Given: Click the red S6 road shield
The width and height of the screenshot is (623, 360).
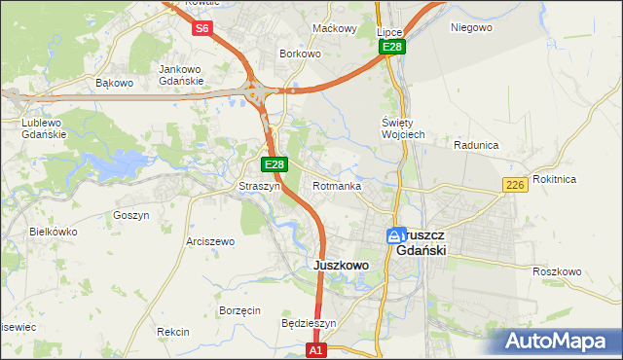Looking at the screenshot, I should [202, 28].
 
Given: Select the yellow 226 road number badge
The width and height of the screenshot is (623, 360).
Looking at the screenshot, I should [515, 185].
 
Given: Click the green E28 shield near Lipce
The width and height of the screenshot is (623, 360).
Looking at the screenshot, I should [392, 48].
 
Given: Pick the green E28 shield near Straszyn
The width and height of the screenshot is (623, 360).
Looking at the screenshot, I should [275, 165].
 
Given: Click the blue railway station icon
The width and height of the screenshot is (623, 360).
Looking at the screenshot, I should [395, 235].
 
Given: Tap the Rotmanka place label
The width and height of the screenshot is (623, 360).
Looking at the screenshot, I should [338, 186].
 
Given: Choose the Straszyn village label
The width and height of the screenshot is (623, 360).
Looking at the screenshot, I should [260, 186].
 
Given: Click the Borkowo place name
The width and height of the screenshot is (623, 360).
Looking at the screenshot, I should [300, 54].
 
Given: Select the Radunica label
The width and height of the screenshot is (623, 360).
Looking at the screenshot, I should [476, 145].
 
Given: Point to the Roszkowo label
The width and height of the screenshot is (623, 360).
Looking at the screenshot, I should [557, 271].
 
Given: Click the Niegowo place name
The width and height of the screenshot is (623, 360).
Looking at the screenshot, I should [471, 27].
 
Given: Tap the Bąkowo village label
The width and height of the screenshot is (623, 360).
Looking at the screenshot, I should [114, 83].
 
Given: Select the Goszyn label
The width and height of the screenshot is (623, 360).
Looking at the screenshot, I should [131, 215].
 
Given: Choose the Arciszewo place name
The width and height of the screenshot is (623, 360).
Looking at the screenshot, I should [210, 241].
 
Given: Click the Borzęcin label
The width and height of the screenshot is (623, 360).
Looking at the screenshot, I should [239, 310].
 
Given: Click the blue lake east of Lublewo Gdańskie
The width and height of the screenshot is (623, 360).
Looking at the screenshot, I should [125, 161].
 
